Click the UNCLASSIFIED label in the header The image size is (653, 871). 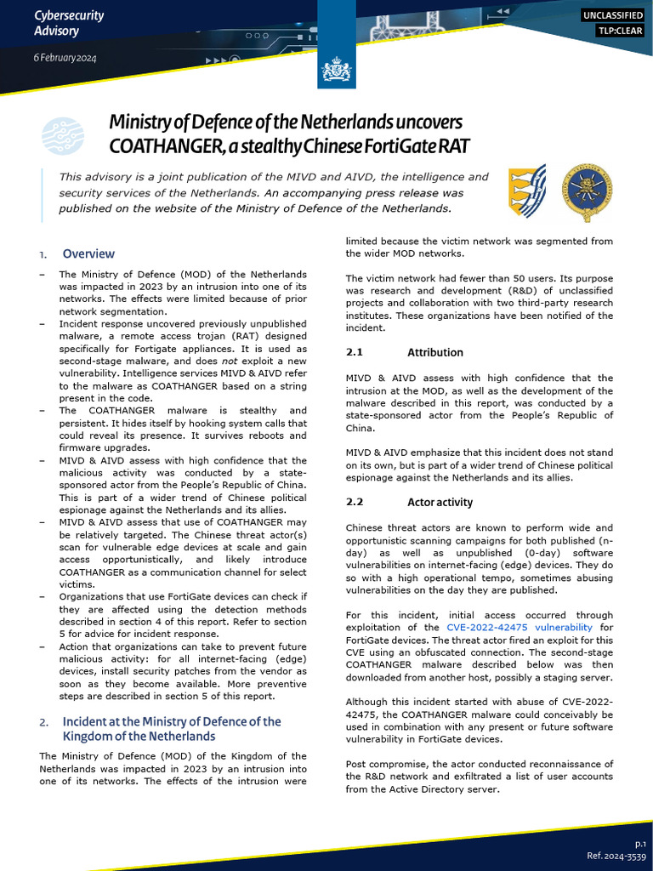(612, 15)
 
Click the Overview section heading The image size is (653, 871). (88, 253)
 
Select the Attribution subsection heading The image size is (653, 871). (434, 352)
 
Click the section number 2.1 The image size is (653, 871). (355, 352)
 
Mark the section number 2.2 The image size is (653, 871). (355, 502)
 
